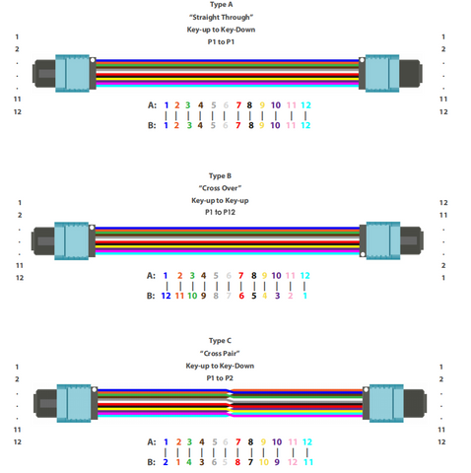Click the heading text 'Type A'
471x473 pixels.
click(x=221, y=5)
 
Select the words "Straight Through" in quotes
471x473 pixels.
click(x=221, y=17)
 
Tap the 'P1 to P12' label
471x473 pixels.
click(x=220, y=212)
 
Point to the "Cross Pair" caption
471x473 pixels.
click(x=220, y=354)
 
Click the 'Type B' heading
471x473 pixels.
click(x=220, y=176)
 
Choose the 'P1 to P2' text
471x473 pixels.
click(x=220, y=378)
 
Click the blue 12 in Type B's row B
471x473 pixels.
click(x=166, y=296)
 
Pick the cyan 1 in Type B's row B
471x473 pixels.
click(x=304, y=296)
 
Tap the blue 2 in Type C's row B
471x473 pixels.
click(x=166, y=462)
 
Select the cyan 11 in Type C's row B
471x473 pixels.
click(x=308, y=462)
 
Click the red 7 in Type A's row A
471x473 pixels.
click(x=238, y=105)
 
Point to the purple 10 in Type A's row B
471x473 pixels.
click(x=275, y=125)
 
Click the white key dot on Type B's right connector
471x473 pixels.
click(x=363, y=254)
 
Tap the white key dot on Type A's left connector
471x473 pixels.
click(x=93, y=60)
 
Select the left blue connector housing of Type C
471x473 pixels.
click(x=74, y=403)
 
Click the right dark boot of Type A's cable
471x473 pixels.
click(x=411, y=74)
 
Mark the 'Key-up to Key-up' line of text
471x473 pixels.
click(x=220, y=200)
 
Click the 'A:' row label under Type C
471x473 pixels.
click(x=152, y=441)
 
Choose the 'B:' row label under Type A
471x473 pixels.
click(x=152, y=125)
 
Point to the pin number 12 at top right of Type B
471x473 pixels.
click(x=443, y=203)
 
